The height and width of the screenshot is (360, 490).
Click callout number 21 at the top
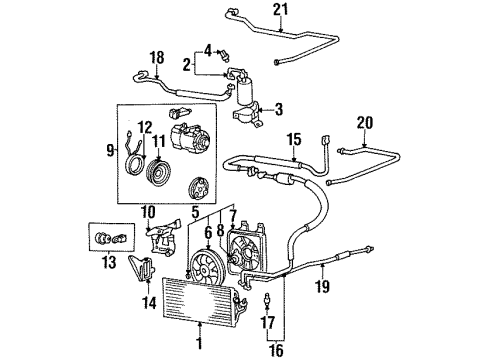(281, 10)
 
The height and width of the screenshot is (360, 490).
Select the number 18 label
(157, 58)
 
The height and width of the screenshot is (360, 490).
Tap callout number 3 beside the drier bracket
(279, 109)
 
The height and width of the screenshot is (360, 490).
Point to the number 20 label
(365, 123)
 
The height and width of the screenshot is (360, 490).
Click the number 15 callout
(294, 139)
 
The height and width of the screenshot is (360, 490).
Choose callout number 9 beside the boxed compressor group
(110, 151)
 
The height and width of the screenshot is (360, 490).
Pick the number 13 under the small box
(109, 262)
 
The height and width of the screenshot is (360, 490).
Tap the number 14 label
(149, 303)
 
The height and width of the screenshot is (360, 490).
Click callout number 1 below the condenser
(199, 343)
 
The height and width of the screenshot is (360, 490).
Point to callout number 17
(267, 322)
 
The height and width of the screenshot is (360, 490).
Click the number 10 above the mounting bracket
(149, 212)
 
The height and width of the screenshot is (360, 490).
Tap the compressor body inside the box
(187, 134)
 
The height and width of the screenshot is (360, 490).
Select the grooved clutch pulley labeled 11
(159, 173)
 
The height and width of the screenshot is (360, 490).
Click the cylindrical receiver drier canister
(244, 92)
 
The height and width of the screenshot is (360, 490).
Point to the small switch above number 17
(266, 300)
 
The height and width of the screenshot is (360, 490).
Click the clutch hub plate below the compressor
(198, 189)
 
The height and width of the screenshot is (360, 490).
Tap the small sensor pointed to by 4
(225, 55)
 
